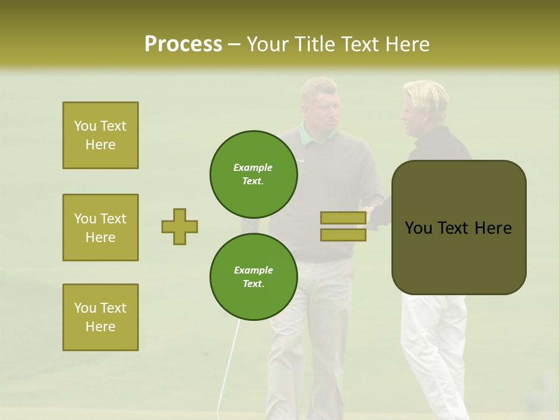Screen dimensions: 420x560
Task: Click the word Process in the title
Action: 183,44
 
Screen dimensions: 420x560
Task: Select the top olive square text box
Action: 100,135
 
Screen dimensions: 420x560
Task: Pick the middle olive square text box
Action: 100,228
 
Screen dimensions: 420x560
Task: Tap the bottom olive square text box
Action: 100,317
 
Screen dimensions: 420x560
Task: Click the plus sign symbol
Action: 180,226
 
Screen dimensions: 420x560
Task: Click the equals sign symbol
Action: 343,226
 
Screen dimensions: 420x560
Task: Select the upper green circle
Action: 254,174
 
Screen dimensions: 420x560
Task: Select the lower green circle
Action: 254,277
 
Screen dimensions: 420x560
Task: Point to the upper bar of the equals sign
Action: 343,218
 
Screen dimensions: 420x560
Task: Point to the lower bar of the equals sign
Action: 343,235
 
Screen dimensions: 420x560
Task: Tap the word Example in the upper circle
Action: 253,167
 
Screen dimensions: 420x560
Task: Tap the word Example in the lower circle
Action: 253,270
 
